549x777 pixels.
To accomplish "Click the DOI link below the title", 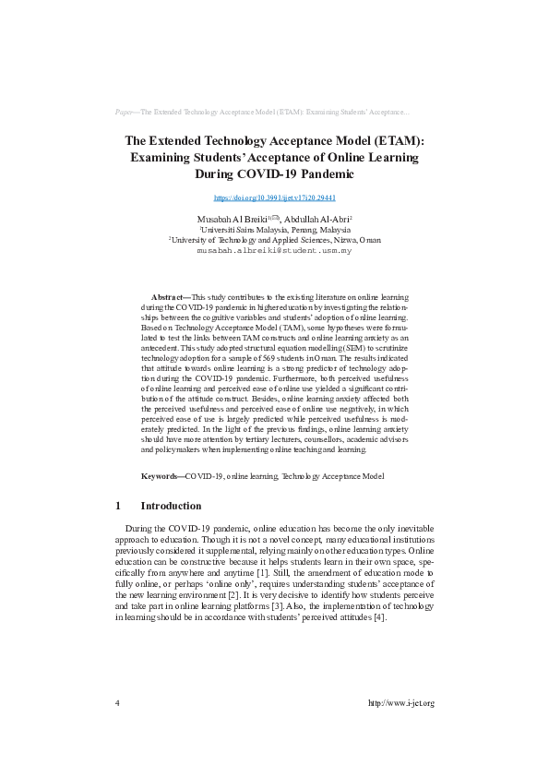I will (x=274, y=197).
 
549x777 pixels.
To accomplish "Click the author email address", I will (x=274, y=250).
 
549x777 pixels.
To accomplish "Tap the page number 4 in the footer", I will (x=117, y=703).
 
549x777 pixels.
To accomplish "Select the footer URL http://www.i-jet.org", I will (x=400, y=703).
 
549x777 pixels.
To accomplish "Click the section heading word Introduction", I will (x=171, y=506).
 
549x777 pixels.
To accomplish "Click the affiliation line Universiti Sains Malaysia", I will (x=275, y=229).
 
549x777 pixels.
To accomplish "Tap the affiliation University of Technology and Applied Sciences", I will (x=274, y=239).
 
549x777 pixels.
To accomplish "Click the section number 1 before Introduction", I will (x=118, y=506).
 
